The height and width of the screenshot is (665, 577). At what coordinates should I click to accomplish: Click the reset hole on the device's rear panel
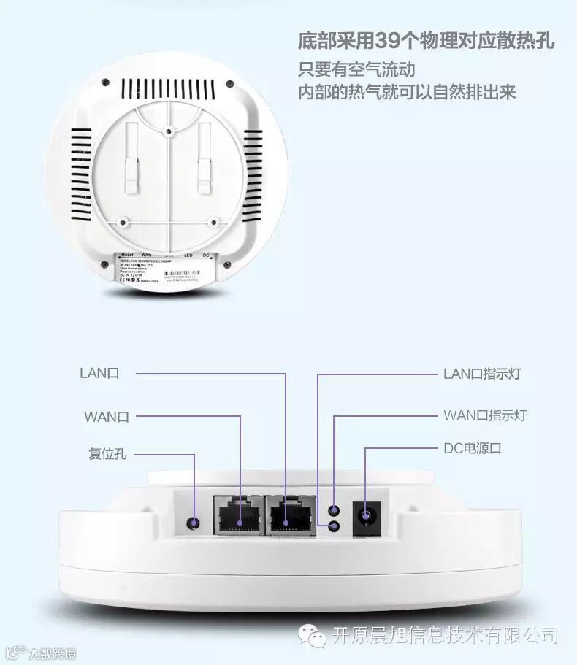point(194,523)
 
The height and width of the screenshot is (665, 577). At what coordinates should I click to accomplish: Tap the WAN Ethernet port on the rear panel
point(239,515)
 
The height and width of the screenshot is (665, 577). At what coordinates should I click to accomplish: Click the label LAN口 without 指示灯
point(99,374)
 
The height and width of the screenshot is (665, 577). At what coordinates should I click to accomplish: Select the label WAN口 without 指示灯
point(107,416)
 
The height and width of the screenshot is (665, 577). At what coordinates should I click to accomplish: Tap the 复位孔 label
point(107,454)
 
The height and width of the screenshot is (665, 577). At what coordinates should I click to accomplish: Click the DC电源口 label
point(473,448)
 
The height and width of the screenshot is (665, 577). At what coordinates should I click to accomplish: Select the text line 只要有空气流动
point(356,70)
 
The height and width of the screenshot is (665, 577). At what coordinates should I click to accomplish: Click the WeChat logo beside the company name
point(316,637)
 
